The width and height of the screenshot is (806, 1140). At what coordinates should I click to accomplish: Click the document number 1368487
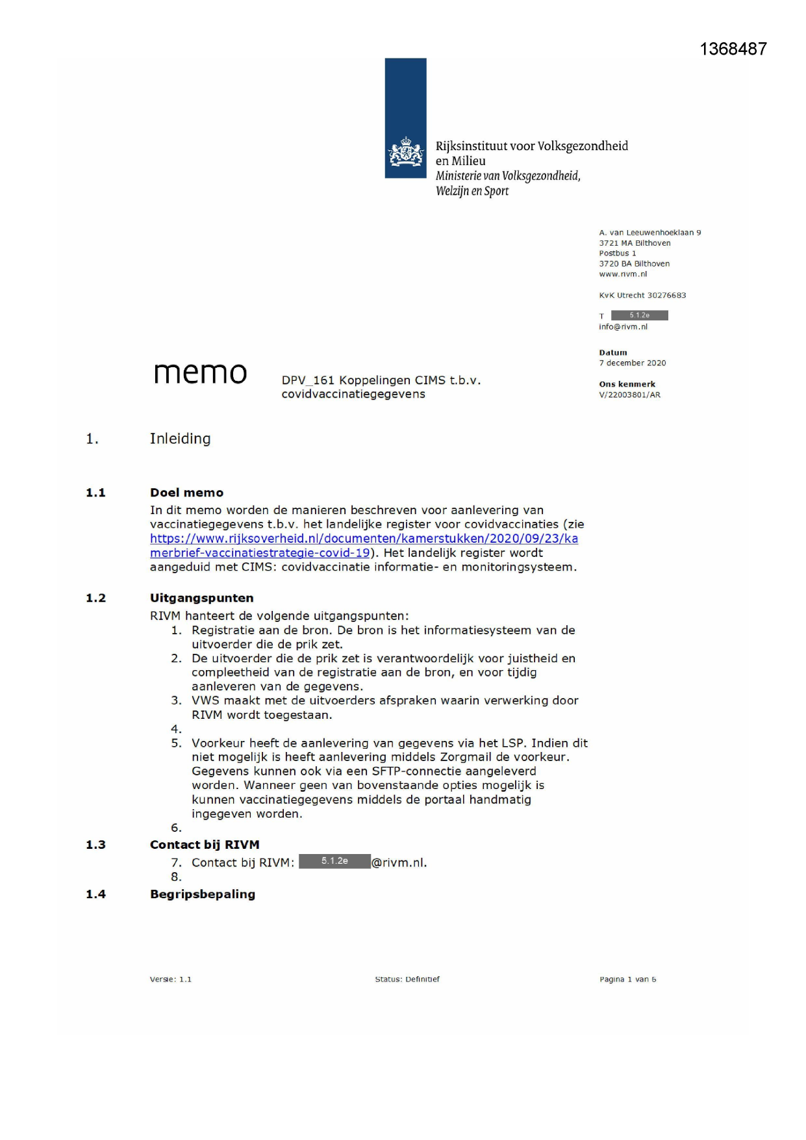[x=733, y=49]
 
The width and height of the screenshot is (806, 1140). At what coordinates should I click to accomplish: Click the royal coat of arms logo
[x=405, y=153]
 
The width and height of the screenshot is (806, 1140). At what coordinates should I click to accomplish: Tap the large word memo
[x=200, y=373]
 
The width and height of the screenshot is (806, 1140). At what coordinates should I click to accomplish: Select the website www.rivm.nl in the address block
[x=623, y=274]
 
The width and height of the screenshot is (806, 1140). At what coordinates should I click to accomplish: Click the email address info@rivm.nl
[x=623, y=327]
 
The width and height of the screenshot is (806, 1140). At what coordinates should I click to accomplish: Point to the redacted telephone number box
[x=639, y=315]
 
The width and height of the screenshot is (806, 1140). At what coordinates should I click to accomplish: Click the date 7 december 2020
[x=632, y=363]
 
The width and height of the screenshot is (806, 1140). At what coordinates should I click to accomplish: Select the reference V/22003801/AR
[x=629, y=395]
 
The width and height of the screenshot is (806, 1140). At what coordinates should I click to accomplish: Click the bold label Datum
[x=613, y=353]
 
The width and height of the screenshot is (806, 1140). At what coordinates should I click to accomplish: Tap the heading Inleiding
[x=180, y=439]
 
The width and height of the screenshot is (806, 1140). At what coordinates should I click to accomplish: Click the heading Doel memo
[x=186, y=493]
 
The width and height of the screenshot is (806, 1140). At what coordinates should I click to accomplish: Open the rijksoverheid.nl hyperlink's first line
[x=364, y=539]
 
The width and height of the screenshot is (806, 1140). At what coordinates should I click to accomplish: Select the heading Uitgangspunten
[x=201, y=598]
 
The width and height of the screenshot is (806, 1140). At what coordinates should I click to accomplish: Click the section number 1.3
[x=95, y=845]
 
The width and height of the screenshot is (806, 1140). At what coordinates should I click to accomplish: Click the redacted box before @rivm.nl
[x=334, y=861]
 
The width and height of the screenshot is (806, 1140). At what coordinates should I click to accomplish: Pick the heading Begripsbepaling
[x=202, y=894]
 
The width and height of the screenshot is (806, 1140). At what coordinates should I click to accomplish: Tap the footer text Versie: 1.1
[x=170, y=979]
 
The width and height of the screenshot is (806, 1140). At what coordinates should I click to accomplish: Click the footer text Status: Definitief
[x=407, y=979]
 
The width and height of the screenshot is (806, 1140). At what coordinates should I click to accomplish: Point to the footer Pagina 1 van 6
[x=627, y=979]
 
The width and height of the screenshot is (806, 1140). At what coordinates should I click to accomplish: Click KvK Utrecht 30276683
[x=642, y=296]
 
